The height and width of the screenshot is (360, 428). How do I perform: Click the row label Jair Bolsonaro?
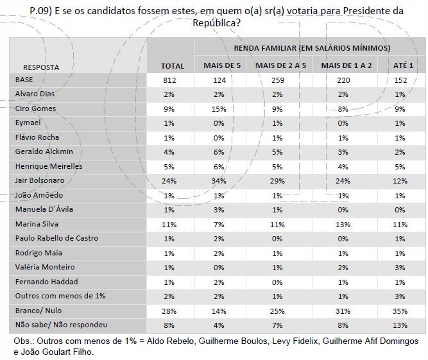[x=40, y=180]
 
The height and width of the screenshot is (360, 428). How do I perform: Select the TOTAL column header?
[x=172, y=65]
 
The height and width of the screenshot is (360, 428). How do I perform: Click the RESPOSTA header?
[x=41, y=67]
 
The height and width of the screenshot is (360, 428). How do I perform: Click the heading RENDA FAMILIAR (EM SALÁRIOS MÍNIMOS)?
[x=311, y=48]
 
